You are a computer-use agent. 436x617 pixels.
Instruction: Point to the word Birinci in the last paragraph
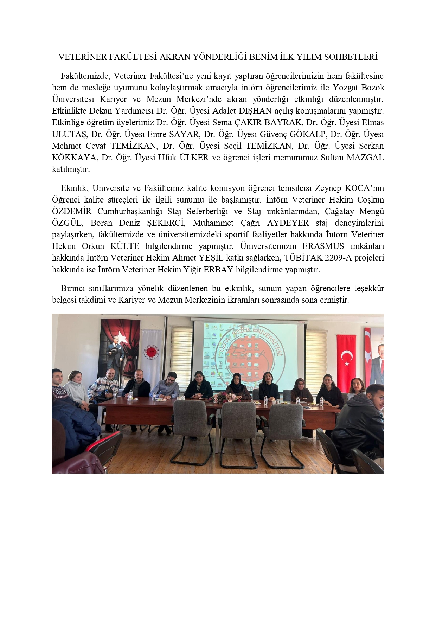(x=72, y=288)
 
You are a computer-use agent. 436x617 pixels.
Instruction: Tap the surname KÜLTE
(x=124, y=246)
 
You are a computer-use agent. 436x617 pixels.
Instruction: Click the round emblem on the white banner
(x=151, y=352)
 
